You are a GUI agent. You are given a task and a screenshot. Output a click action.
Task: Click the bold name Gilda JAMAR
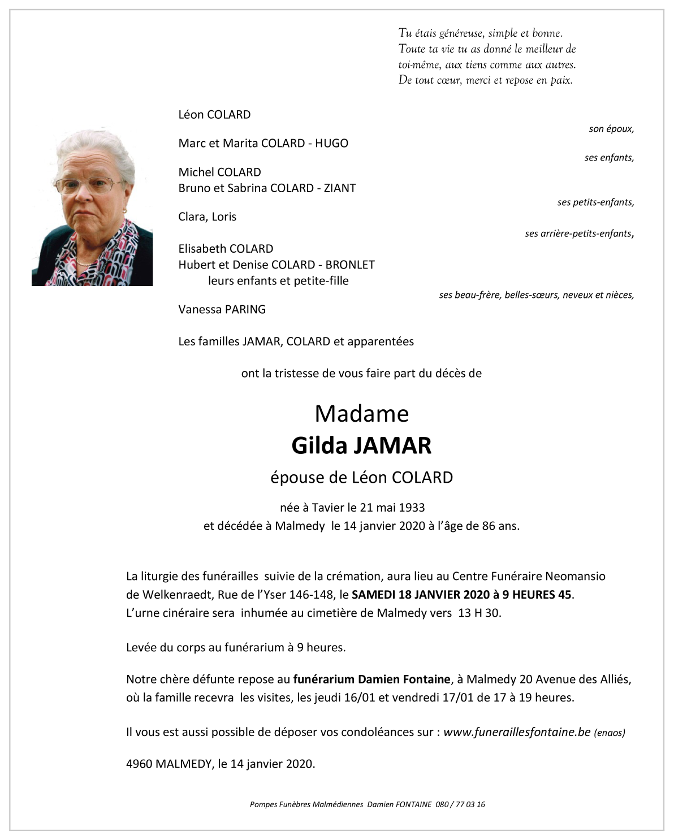pyautogui.click(x=361, y=446)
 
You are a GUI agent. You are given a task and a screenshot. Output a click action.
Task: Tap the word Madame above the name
pyautogui.click(x=361, y=414)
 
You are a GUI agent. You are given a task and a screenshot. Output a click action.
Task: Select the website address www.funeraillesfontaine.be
pyautogui.click(x=517, y=732)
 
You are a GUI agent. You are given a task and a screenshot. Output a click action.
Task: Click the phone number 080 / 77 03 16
pyautogui.click(x=460, y=804)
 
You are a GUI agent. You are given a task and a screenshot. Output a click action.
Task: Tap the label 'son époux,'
pyautogui.click(x=611, y=129)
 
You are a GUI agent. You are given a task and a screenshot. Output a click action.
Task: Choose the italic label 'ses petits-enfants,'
pyautogui.click(x=595, y=202)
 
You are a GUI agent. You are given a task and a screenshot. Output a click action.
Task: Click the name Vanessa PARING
pyautogui.click(x=222, y=309)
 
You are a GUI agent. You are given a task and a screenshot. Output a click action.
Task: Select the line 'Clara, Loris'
pyautogui.click(x=207, y=217)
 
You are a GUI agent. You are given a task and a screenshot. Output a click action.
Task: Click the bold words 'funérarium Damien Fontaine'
pyautogui.click(x=371, y=679)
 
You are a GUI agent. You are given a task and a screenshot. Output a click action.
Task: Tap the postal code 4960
pyautogui.click(x=139, y=764)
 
